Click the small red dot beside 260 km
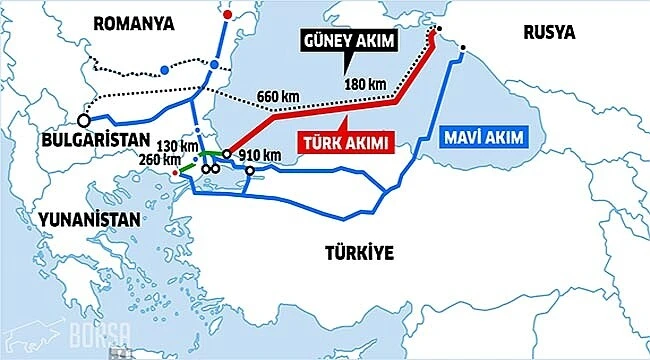[x=177, y=173]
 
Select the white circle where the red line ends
[x=227, y=154]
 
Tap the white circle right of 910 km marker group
[x=249, y=170]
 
